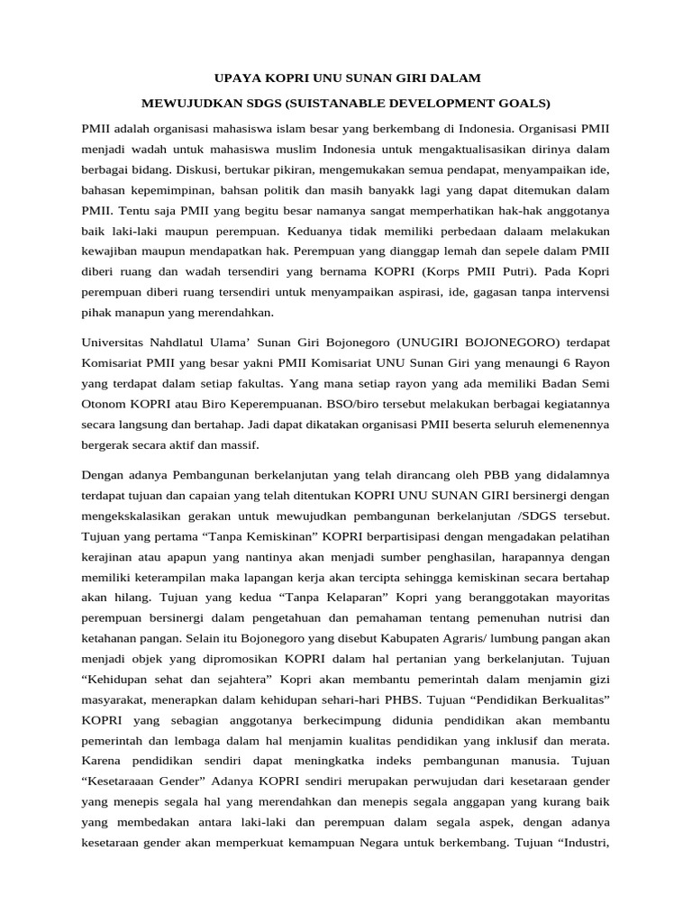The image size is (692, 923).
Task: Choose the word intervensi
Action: coord(578,292)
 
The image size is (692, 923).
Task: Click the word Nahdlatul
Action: coord(180,343)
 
